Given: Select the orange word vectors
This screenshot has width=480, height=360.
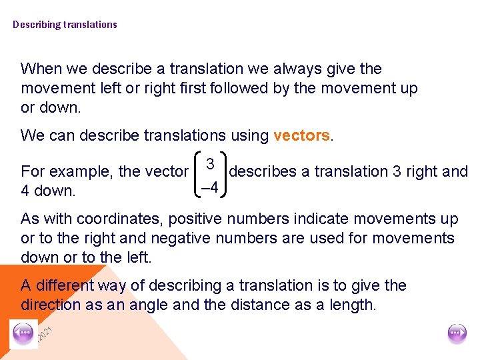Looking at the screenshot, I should pyautogui.click(x=301, y=135).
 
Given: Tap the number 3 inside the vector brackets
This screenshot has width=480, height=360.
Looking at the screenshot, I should pyautogui.click(x=209, y=163).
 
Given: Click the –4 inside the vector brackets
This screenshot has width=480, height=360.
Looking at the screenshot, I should pyautogui.click(x=210, y=187).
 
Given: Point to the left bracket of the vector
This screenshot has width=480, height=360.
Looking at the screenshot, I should pyautogui.click(x=195, y=175).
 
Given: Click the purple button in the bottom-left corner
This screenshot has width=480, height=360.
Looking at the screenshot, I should pyautogui.click(x=25, y=333).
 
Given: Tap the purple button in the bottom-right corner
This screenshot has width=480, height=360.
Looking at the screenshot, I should pyautogui.click(x=457, y=333).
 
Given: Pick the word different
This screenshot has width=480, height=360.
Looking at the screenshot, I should pyautogui.click(x=64, y=285).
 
